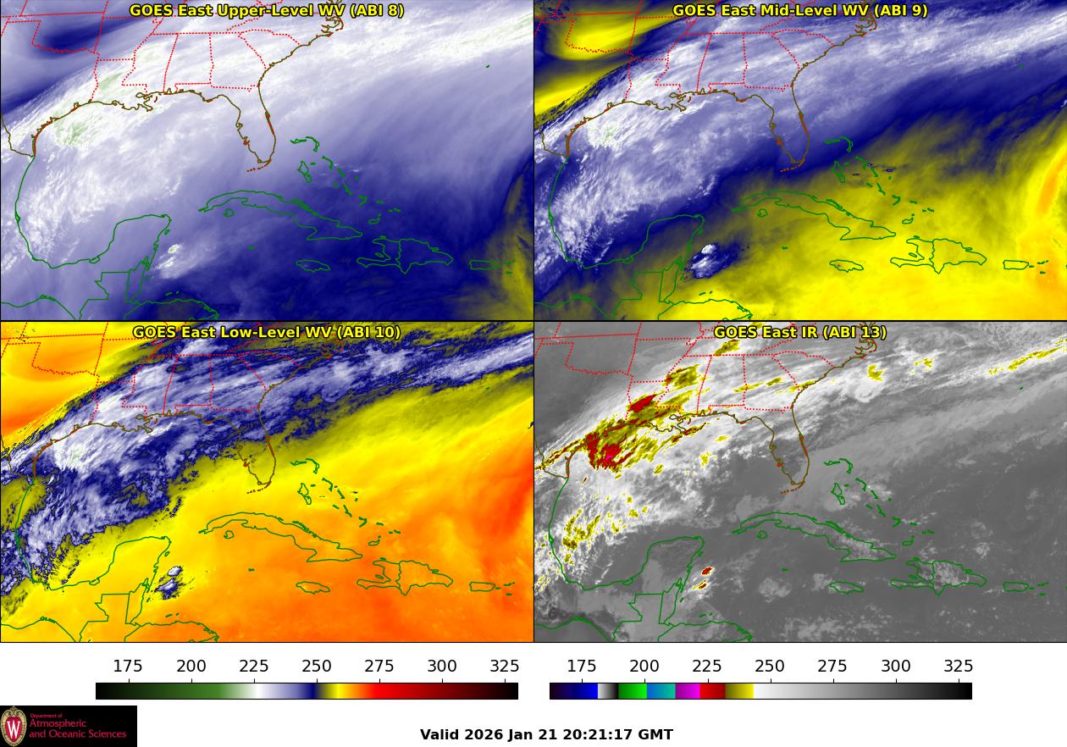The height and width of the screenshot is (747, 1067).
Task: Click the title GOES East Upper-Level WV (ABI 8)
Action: click(267, 11)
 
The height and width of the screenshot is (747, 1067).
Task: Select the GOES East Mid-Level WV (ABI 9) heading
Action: click(799, 11)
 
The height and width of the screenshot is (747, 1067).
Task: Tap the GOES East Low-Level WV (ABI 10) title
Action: click(267, 332)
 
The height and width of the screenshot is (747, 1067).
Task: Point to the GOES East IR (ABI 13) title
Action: click(799, 332)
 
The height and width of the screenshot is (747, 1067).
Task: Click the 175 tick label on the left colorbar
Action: click(128, 667)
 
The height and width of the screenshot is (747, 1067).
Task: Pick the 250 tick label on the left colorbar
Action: click(317, 667)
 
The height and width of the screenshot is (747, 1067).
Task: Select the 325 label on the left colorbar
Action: click(505, 667)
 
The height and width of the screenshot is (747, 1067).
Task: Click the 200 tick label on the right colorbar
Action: click(644, 667)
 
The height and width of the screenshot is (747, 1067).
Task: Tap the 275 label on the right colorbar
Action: click(832, 667)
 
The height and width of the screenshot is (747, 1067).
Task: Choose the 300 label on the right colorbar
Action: click(896, 667)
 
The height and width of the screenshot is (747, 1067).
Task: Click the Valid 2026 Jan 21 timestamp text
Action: click(546, 734)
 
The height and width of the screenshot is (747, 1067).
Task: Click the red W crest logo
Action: click(14, 726)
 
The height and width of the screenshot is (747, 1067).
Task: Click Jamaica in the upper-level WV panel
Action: click(312, 265)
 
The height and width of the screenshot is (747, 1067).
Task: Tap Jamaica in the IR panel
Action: click(846, 586)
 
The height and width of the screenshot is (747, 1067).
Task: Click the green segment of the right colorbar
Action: click(632, 691)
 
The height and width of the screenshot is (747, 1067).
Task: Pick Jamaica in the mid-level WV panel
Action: click(846, 265)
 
